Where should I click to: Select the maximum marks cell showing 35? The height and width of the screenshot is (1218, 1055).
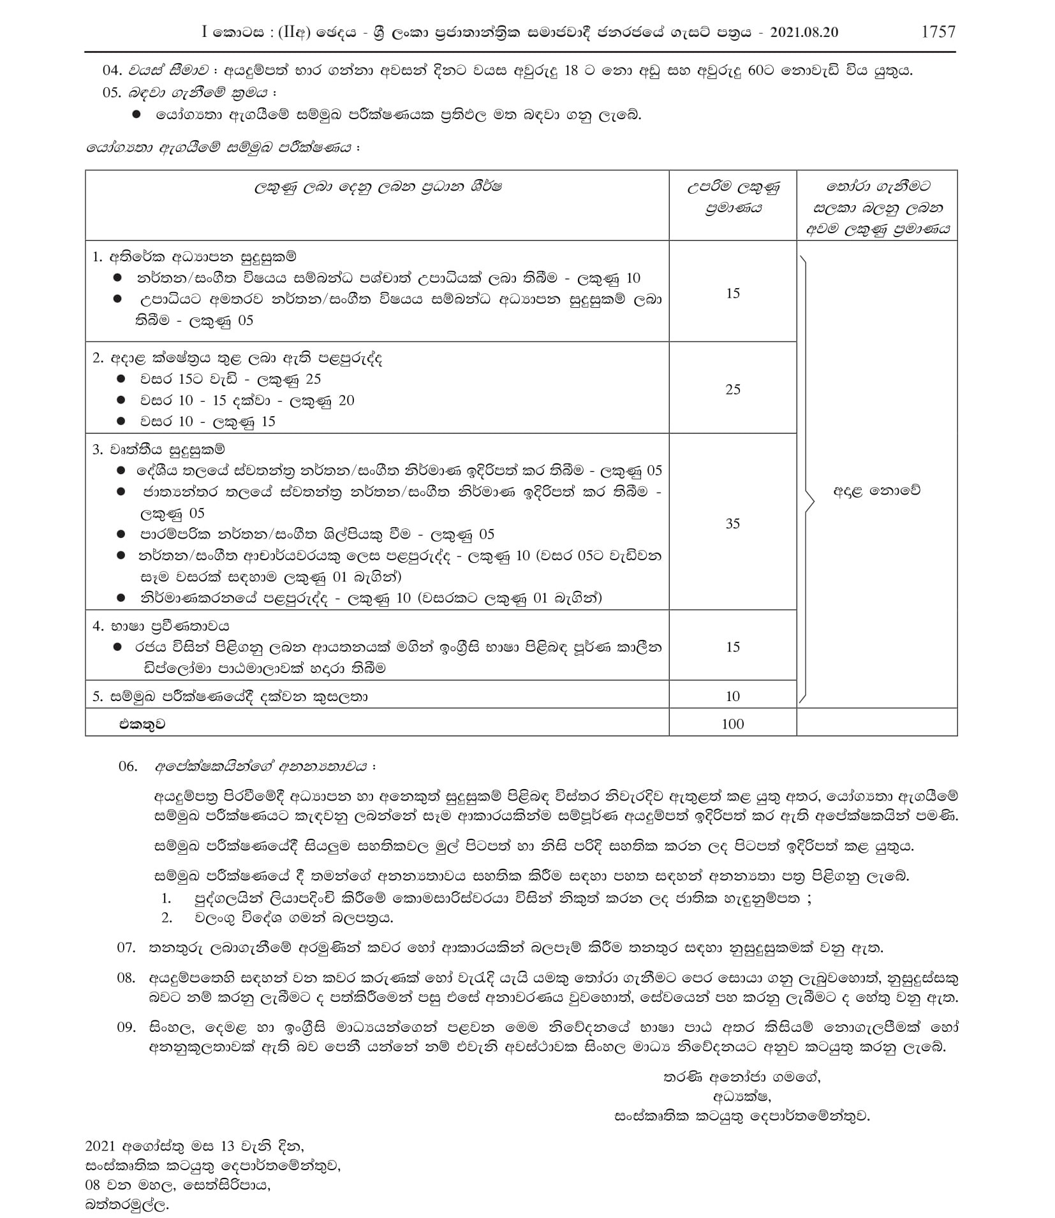pyautogui.click(x=732, y=523)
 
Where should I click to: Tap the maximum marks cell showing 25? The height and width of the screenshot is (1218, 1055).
pyautogui.click(x=732, y=389)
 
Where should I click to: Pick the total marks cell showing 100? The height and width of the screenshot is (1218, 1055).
pyautogui.click(x=732, y=723)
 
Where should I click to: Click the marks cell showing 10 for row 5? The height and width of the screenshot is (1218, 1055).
pyautogui.click(x=732, y=696)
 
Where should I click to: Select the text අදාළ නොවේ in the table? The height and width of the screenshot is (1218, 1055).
pyautogui.click(x=876, y=491)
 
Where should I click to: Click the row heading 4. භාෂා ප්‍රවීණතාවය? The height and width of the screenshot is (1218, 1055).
pyautogui.click(x=161, y=626)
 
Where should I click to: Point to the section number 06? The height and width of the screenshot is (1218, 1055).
pyautogui.click(x=128, y=766)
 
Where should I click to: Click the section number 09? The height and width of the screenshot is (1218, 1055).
pyautogui.click(x=126, y=1027)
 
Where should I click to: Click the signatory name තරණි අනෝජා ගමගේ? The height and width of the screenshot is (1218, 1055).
pyautogui.click(x=742, y=1077)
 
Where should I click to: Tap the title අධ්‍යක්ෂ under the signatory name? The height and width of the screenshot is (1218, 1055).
pyautogui.click(x=742, y=1096)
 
